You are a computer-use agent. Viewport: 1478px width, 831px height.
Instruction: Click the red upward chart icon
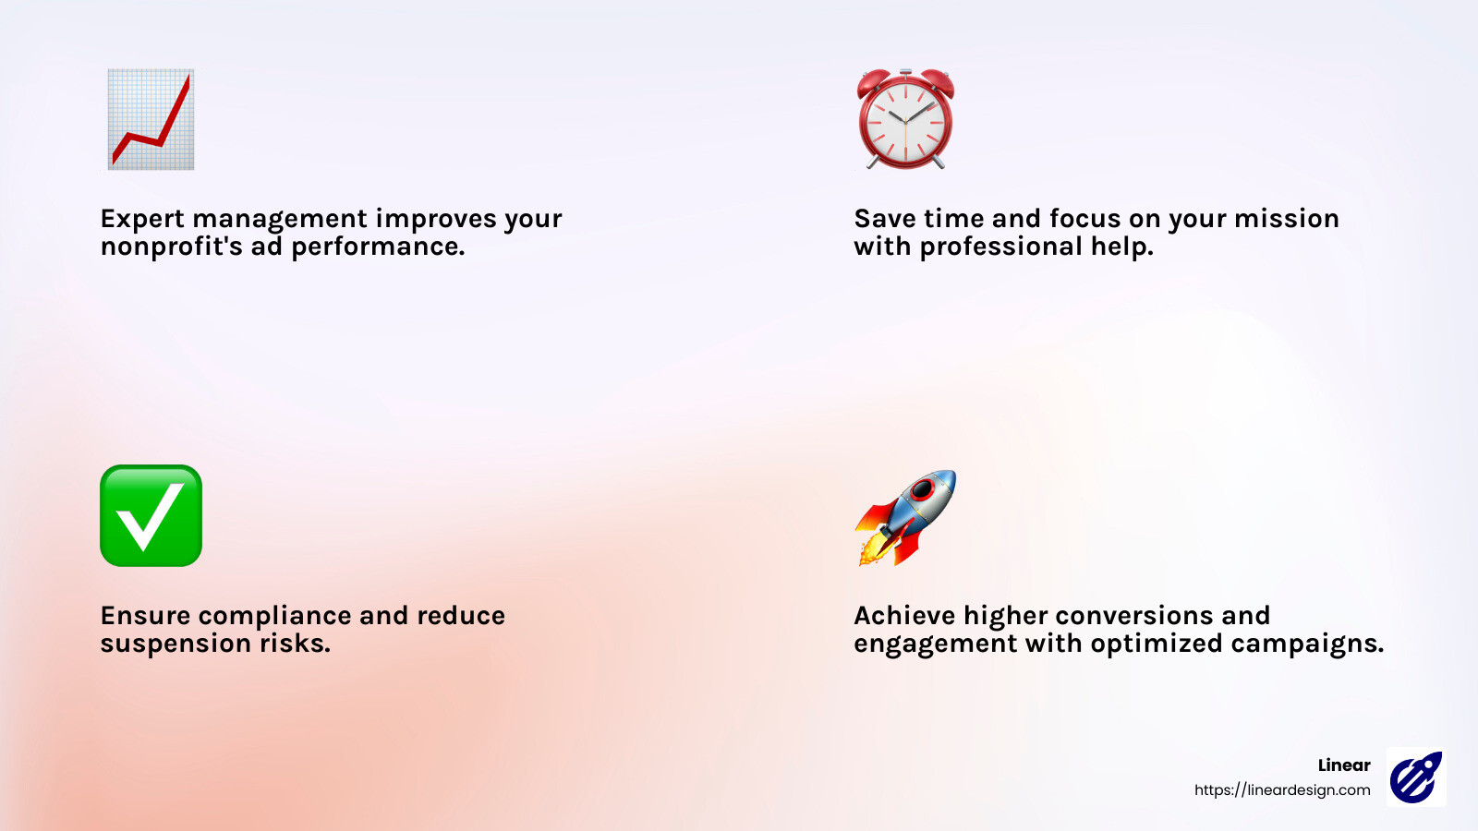(x=151, y=119)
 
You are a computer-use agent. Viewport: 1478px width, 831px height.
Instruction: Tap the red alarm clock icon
(x=905, y=119)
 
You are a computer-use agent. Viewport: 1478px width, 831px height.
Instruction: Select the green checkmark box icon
(x=151, y=515)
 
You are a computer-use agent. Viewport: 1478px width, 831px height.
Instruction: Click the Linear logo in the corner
(x=1416, y=777)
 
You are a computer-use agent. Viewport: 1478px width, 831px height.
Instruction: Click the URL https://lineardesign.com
(x=1282, y=790)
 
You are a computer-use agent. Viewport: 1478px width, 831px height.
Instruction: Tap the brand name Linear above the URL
(x=1344, y=765)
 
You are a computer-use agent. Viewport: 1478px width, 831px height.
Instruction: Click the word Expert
(x=142, y=219)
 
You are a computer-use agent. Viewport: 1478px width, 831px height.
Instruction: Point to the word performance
(x=378, y=247)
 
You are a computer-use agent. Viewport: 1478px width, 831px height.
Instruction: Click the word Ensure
(x=145, y=616)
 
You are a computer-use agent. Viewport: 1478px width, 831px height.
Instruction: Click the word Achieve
(x=904, y=616)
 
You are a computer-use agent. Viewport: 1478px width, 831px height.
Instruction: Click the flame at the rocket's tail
(x=871, y=551)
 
